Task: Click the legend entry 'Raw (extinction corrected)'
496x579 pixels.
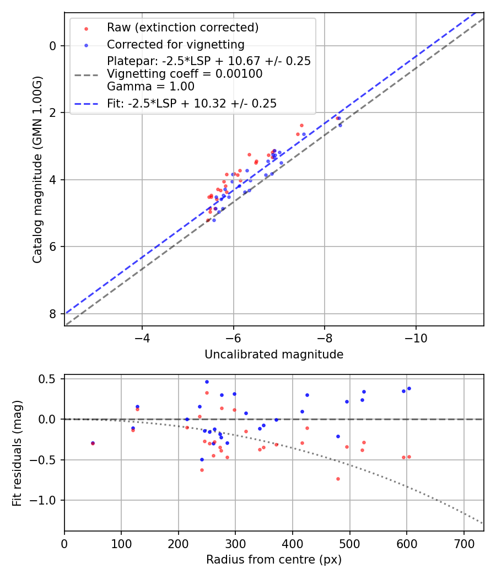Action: coord(182,28)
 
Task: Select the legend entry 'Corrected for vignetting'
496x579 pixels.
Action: coord(176,44)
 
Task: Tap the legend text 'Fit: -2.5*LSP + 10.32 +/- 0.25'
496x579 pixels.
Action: coord(192,103)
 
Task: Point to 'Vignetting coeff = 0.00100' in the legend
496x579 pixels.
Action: coord(185,73)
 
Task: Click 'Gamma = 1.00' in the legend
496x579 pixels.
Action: coord(150,86)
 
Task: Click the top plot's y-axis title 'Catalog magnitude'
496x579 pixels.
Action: coord(37,168)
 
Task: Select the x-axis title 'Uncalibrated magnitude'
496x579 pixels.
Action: coord(274,355)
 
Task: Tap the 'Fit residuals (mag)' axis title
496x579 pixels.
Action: coord(17,452)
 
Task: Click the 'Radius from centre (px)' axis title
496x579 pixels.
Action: coord(274,560)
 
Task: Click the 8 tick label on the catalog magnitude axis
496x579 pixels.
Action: coord(53,314)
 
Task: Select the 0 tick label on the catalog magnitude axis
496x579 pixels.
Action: coord(53,46)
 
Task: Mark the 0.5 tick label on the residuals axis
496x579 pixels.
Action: coord(50,379)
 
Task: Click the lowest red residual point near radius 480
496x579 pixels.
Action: coord(338,479)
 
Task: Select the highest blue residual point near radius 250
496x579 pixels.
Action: coord(207,382)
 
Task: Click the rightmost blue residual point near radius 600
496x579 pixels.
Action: coord(409,388)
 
